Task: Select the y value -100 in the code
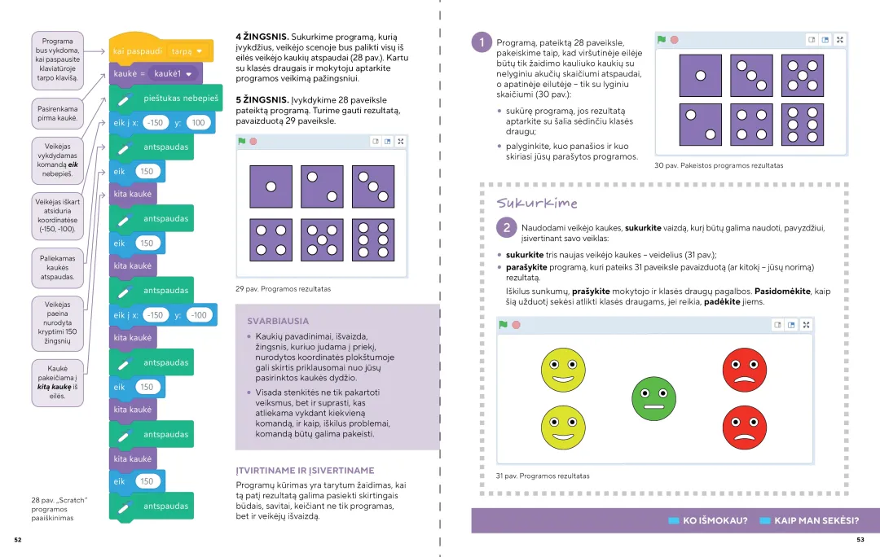click(x=198, y=315)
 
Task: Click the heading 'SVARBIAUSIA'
click(x=278, y=322)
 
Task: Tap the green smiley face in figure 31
click(x=653, y=398)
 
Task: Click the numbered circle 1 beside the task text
click(x=482, y=42)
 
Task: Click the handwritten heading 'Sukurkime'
click(x=537, y=203)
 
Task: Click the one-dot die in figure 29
click(x=271, y=186)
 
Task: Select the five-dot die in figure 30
click(x=802, y=76)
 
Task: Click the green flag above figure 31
click(x=503, y=325)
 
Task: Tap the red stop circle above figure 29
click(x=253, y=142)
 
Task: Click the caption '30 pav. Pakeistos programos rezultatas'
click(x=718, y=165)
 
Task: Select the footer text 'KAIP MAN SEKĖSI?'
click(x=816, y=520)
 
